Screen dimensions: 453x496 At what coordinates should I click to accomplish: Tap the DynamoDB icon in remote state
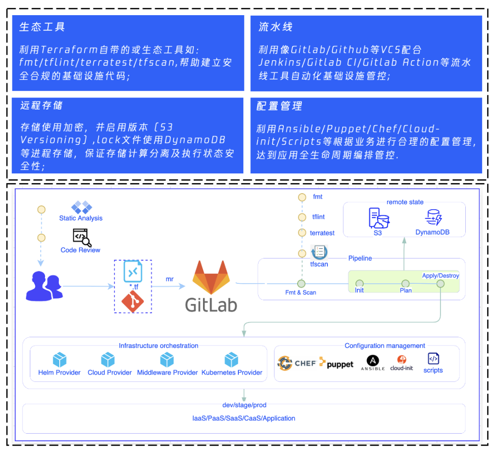[433, 217]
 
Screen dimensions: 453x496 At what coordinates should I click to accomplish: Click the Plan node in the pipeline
[406, 283]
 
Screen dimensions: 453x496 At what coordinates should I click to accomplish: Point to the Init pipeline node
[359, 283]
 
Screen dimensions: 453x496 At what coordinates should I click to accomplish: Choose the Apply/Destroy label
[440, 276]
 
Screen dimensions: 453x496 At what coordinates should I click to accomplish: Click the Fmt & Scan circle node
[301, 283]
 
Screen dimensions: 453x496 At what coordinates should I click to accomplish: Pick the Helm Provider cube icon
[60, 359]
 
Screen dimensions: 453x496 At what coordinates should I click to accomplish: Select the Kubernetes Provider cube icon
[231, 359]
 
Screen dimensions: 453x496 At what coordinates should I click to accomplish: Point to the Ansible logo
[372, 361]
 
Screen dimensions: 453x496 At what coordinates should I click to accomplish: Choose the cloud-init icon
[401, 360]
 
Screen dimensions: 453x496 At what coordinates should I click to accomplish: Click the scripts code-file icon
[433, 359]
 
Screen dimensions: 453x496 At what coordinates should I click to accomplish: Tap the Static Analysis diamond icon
[81, 207]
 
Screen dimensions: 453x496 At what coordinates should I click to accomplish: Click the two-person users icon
[45, 285]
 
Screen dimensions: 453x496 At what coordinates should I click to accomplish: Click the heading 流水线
[276, 27]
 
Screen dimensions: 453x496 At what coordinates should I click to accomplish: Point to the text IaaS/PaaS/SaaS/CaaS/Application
[243, 419]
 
